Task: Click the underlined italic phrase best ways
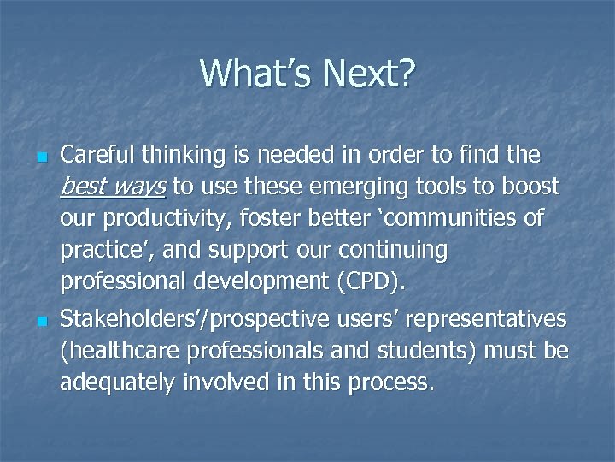click(114, 187)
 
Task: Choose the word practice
click(101, 251)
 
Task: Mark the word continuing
click(392, 251)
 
